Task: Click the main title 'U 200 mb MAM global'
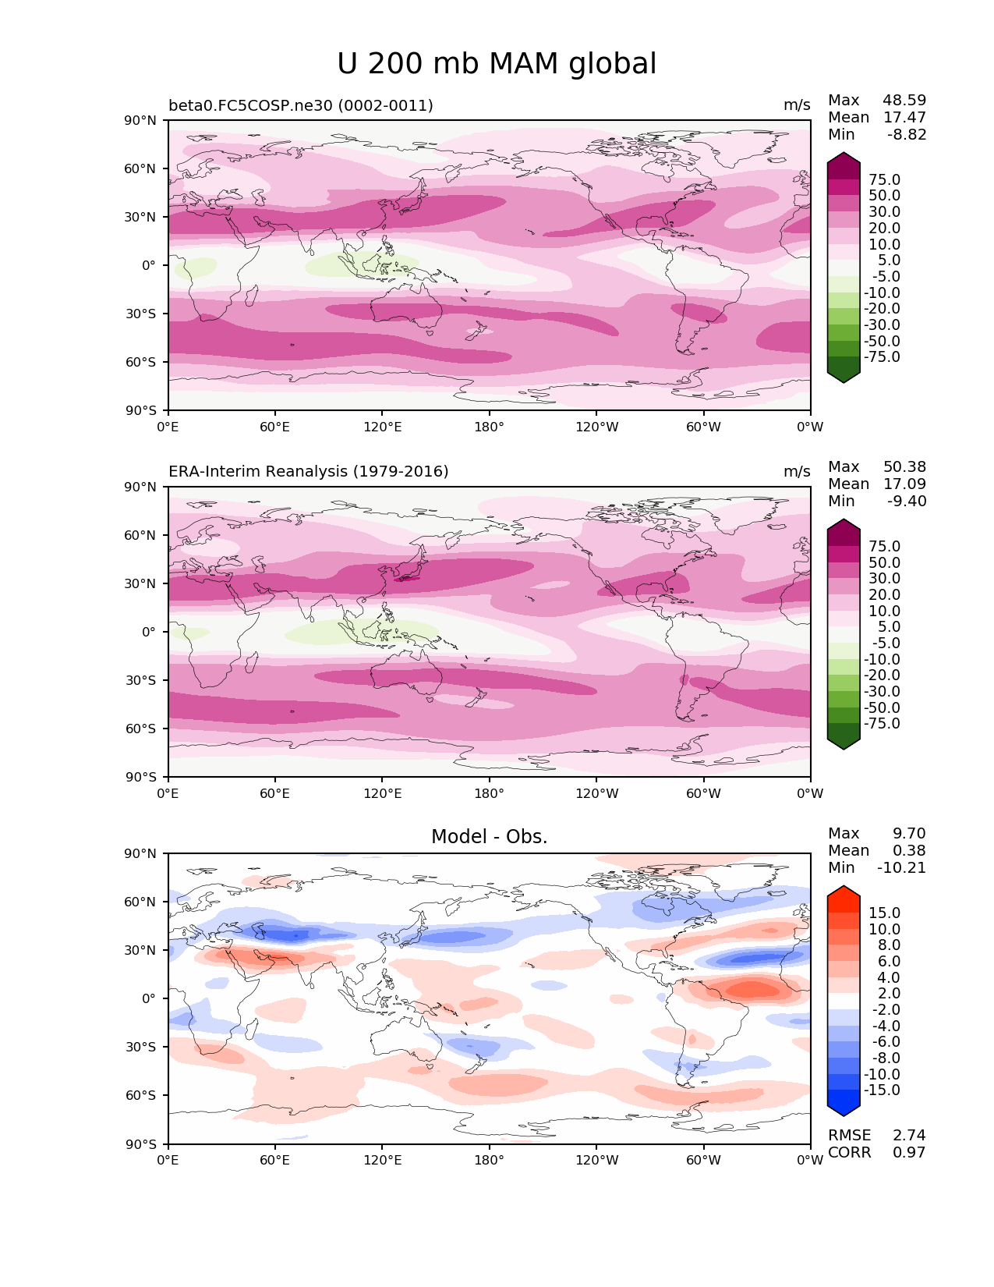point(497,64)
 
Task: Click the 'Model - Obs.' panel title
point(489,837)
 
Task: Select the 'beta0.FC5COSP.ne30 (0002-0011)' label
point(300,105)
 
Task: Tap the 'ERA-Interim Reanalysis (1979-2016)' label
point(308,472)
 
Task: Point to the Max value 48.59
point(904,101)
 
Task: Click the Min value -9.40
point(907,502)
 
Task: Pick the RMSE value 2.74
point(909,1136)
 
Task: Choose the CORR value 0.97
point(909,1153)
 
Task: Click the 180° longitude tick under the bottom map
point(489,1161)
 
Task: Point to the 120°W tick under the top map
point(596,427)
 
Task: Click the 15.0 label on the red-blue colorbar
point(884,913)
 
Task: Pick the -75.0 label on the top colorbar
point(882,357)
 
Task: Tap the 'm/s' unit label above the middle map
point(797,472)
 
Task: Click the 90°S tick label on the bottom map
point(142,1144)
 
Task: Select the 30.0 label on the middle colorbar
point(884,579)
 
